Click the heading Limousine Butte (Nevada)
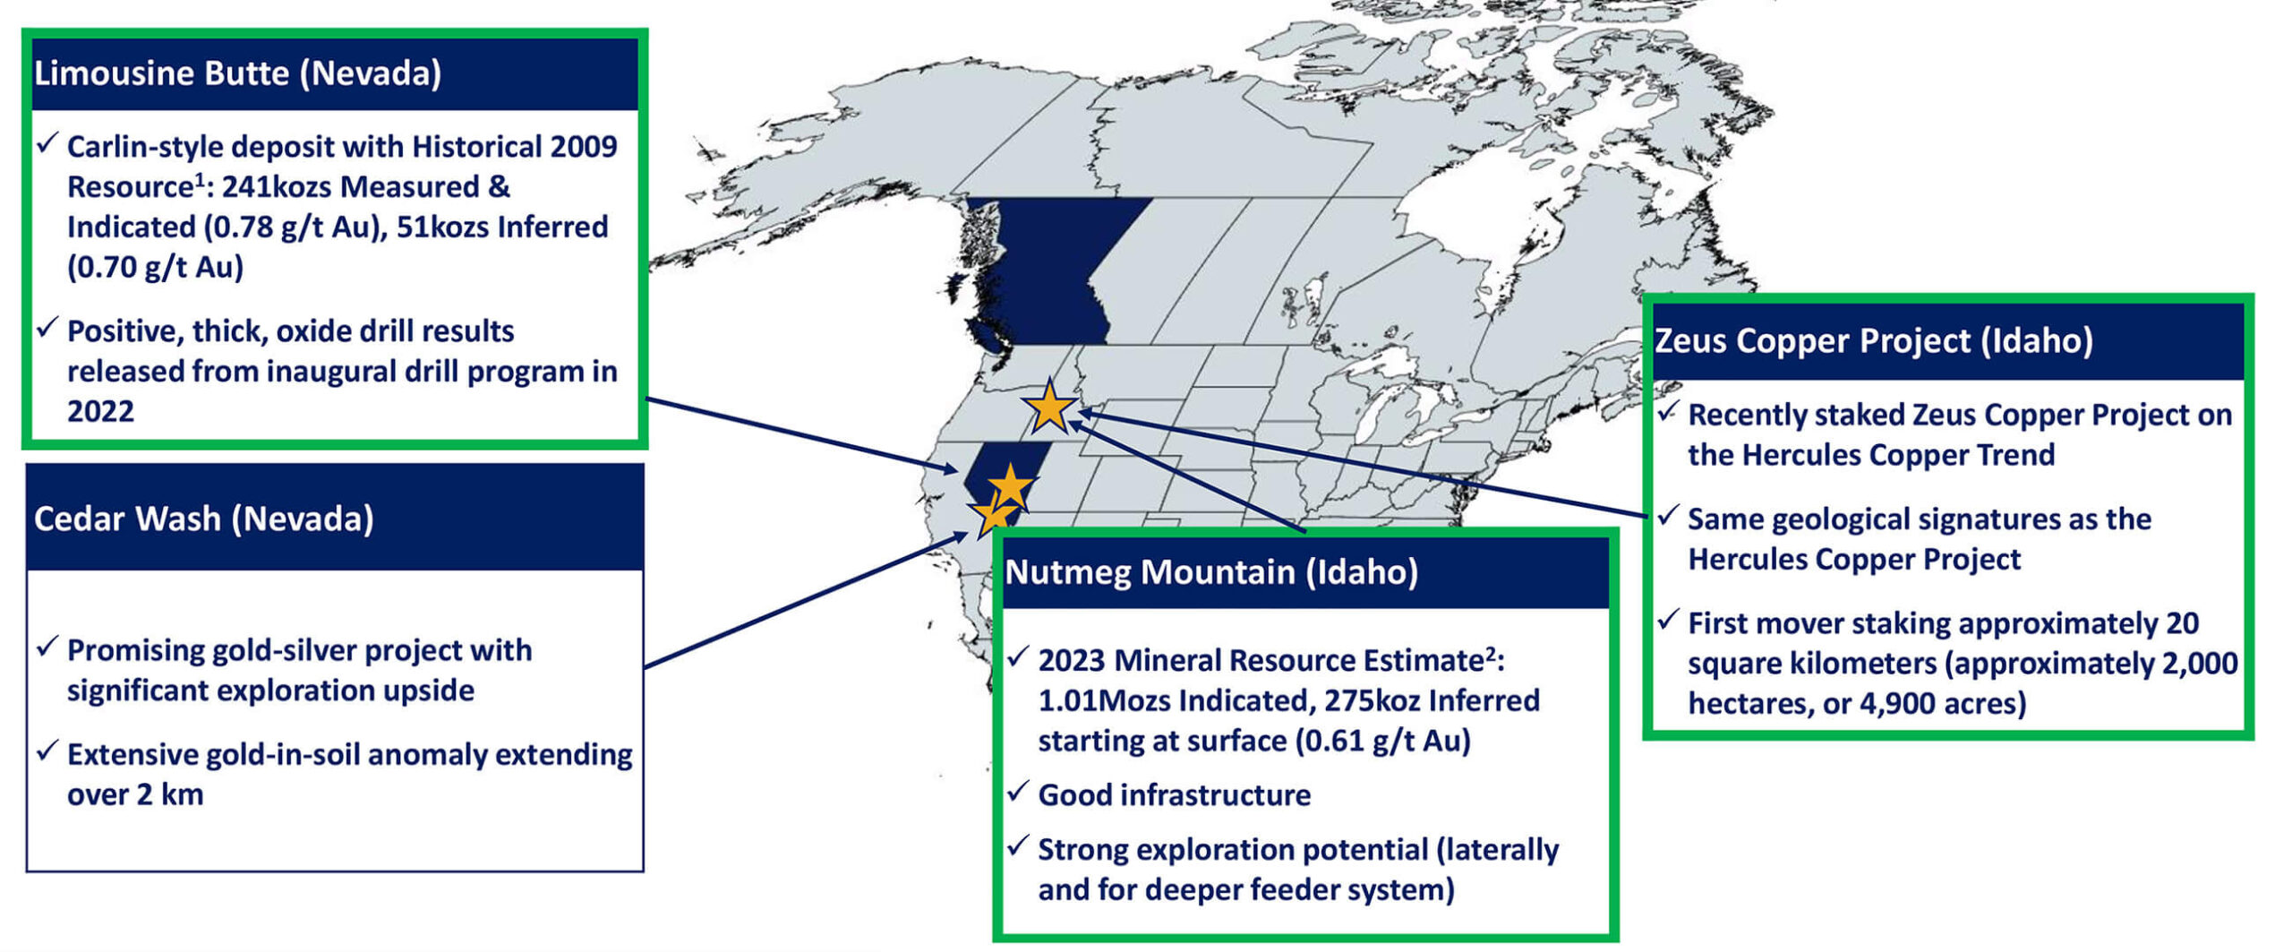(x=237, y=73)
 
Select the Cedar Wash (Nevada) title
(x=204, y=519)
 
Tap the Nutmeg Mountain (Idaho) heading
(x=1211, y=571)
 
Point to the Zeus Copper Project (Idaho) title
(x=1873, y=340)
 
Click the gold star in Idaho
(x=1049, y=407)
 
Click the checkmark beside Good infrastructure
(x=1017, y=791)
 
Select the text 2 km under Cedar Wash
(x=170, y=794)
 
